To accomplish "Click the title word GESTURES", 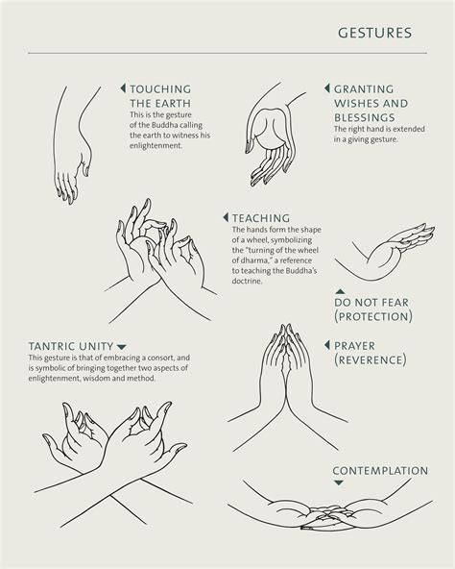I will point(374,34).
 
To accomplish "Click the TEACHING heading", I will point(260,218).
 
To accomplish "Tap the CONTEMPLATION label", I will point(380,471).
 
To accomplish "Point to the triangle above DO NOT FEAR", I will point(340,291).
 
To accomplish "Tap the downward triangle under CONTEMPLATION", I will point(339,486).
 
